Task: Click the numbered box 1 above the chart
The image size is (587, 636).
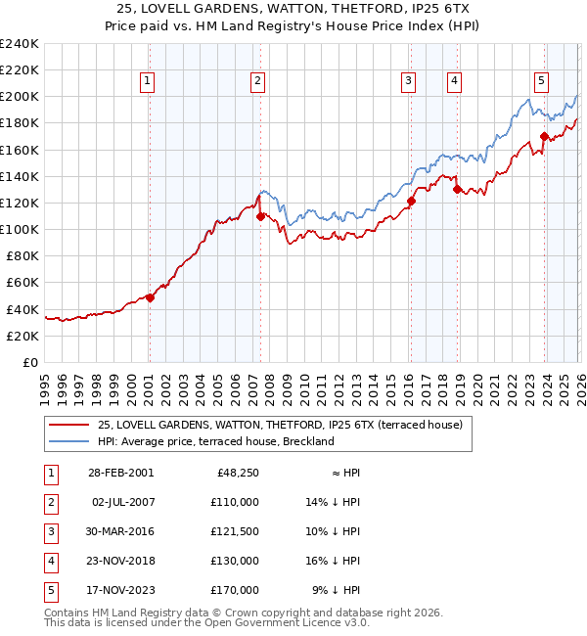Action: click(x=147, y=81)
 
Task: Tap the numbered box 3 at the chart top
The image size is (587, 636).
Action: click(x=408, y=81)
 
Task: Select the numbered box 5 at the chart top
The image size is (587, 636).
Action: click(x=541, y=81)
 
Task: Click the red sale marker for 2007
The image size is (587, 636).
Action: click(x=260, y=216)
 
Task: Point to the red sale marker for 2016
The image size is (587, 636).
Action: click(x=411, y=201)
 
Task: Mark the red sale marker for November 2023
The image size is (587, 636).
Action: click(x=544, y=136)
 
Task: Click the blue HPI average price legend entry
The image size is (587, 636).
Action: click(x=215, y=441)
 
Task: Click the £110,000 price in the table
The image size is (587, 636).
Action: click(x=234, y=502)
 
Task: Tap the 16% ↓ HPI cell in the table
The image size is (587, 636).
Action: click(x=334, y=561)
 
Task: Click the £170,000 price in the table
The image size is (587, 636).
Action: click(x=234, y=590)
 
